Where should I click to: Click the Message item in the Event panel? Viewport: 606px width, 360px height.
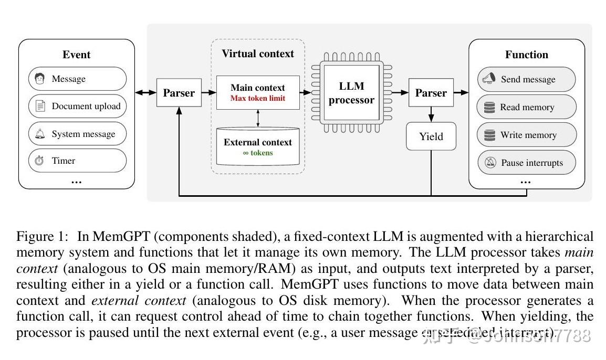[x=77, y=79]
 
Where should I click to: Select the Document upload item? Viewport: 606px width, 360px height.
[x=77, y=106]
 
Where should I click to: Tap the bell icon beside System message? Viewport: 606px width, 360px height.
[x=40, y=134]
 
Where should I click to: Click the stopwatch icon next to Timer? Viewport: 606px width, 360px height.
[x=39, y=161]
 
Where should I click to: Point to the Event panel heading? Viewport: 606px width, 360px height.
[x=76, y=55]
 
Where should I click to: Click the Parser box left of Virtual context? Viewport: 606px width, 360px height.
[x=179, y=93]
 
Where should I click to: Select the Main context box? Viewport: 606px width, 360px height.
[x=257, y=92]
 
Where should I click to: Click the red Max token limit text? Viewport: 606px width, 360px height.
[x=257, y=98]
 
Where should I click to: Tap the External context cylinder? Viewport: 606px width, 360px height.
[x=257, y=146]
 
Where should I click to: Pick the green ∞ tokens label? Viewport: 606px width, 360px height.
[x=257, y=153]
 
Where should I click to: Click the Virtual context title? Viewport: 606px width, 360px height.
[x=257, y=54]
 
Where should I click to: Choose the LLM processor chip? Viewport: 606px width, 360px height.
[x=351, y=93]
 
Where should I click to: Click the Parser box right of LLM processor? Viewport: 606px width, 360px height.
[x=431, y=93]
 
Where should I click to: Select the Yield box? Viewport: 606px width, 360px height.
[x=431, y=136]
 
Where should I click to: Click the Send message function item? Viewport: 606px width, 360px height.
[x=526, y=79]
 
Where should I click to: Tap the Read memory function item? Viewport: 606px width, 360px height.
[x=526, y=107]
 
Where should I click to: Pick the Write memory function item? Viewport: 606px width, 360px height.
[x=526, y=135]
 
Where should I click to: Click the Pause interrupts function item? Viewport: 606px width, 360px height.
[x=526, y=163]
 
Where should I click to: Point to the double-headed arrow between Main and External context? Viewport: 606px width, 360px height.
[x=258, y=118]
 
